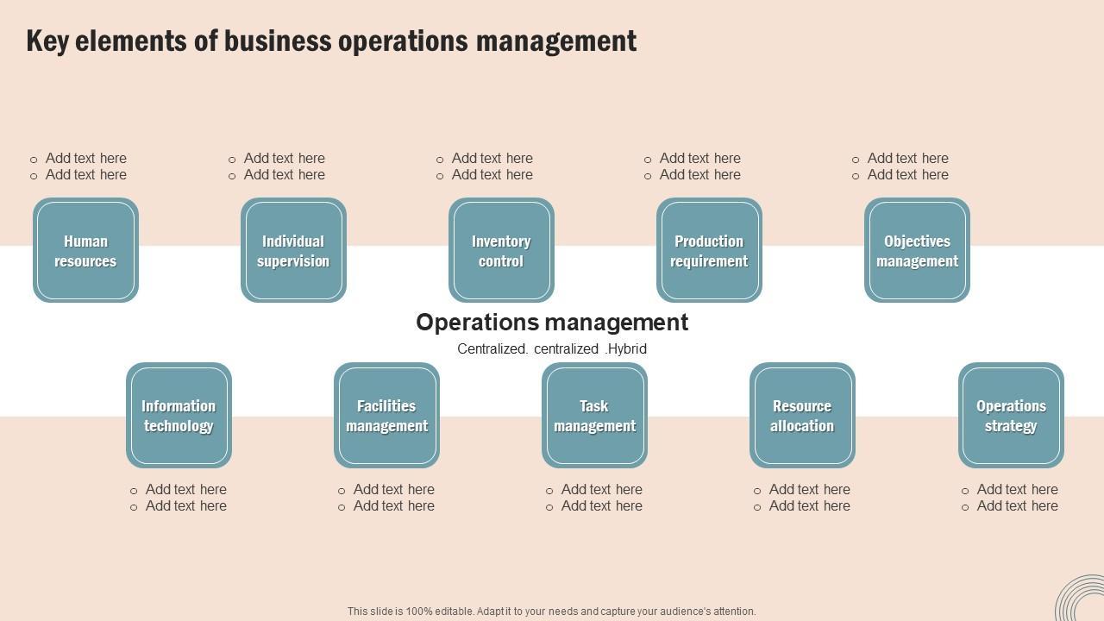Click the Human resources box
point(85,250)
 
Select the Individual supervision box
point(293,250)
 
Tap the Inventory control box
point(501,250)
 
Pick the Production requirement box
point(709,250)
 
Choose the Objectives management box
point(917,250)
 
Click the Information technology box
point(179,415)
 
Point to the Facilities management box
point(386,415)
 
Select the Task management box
point(594,415)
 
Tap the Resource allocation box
point(802,415)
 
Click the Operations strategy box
point(1011,415)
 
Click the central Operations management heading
point(552,323)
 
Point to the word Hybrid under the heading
point(627,349)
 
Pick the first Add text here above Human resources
point(85,158)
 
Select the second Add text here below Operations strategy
point(1017,506)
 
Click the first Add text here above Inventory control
point(492,158)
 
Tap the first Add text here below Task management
point(601,489)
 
